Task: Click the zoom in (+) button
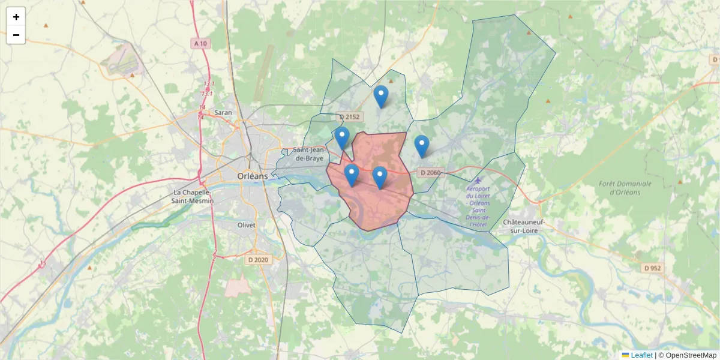coord(16,17)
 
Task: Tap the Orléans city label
coord(253,176)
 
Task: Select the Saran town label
coord(223,112)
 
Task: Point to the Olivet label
coord(245,225)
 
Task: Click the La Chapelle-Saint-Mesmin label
coord(193,197)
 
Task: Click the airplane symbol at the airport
coord(478,180)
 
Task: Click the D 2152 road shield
coord(349,116)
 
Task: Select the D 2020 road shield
coord(258,260)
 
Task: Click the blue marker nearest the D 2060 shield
coord(422,146)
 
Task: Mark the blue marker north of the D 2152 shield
coord(380,96)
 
